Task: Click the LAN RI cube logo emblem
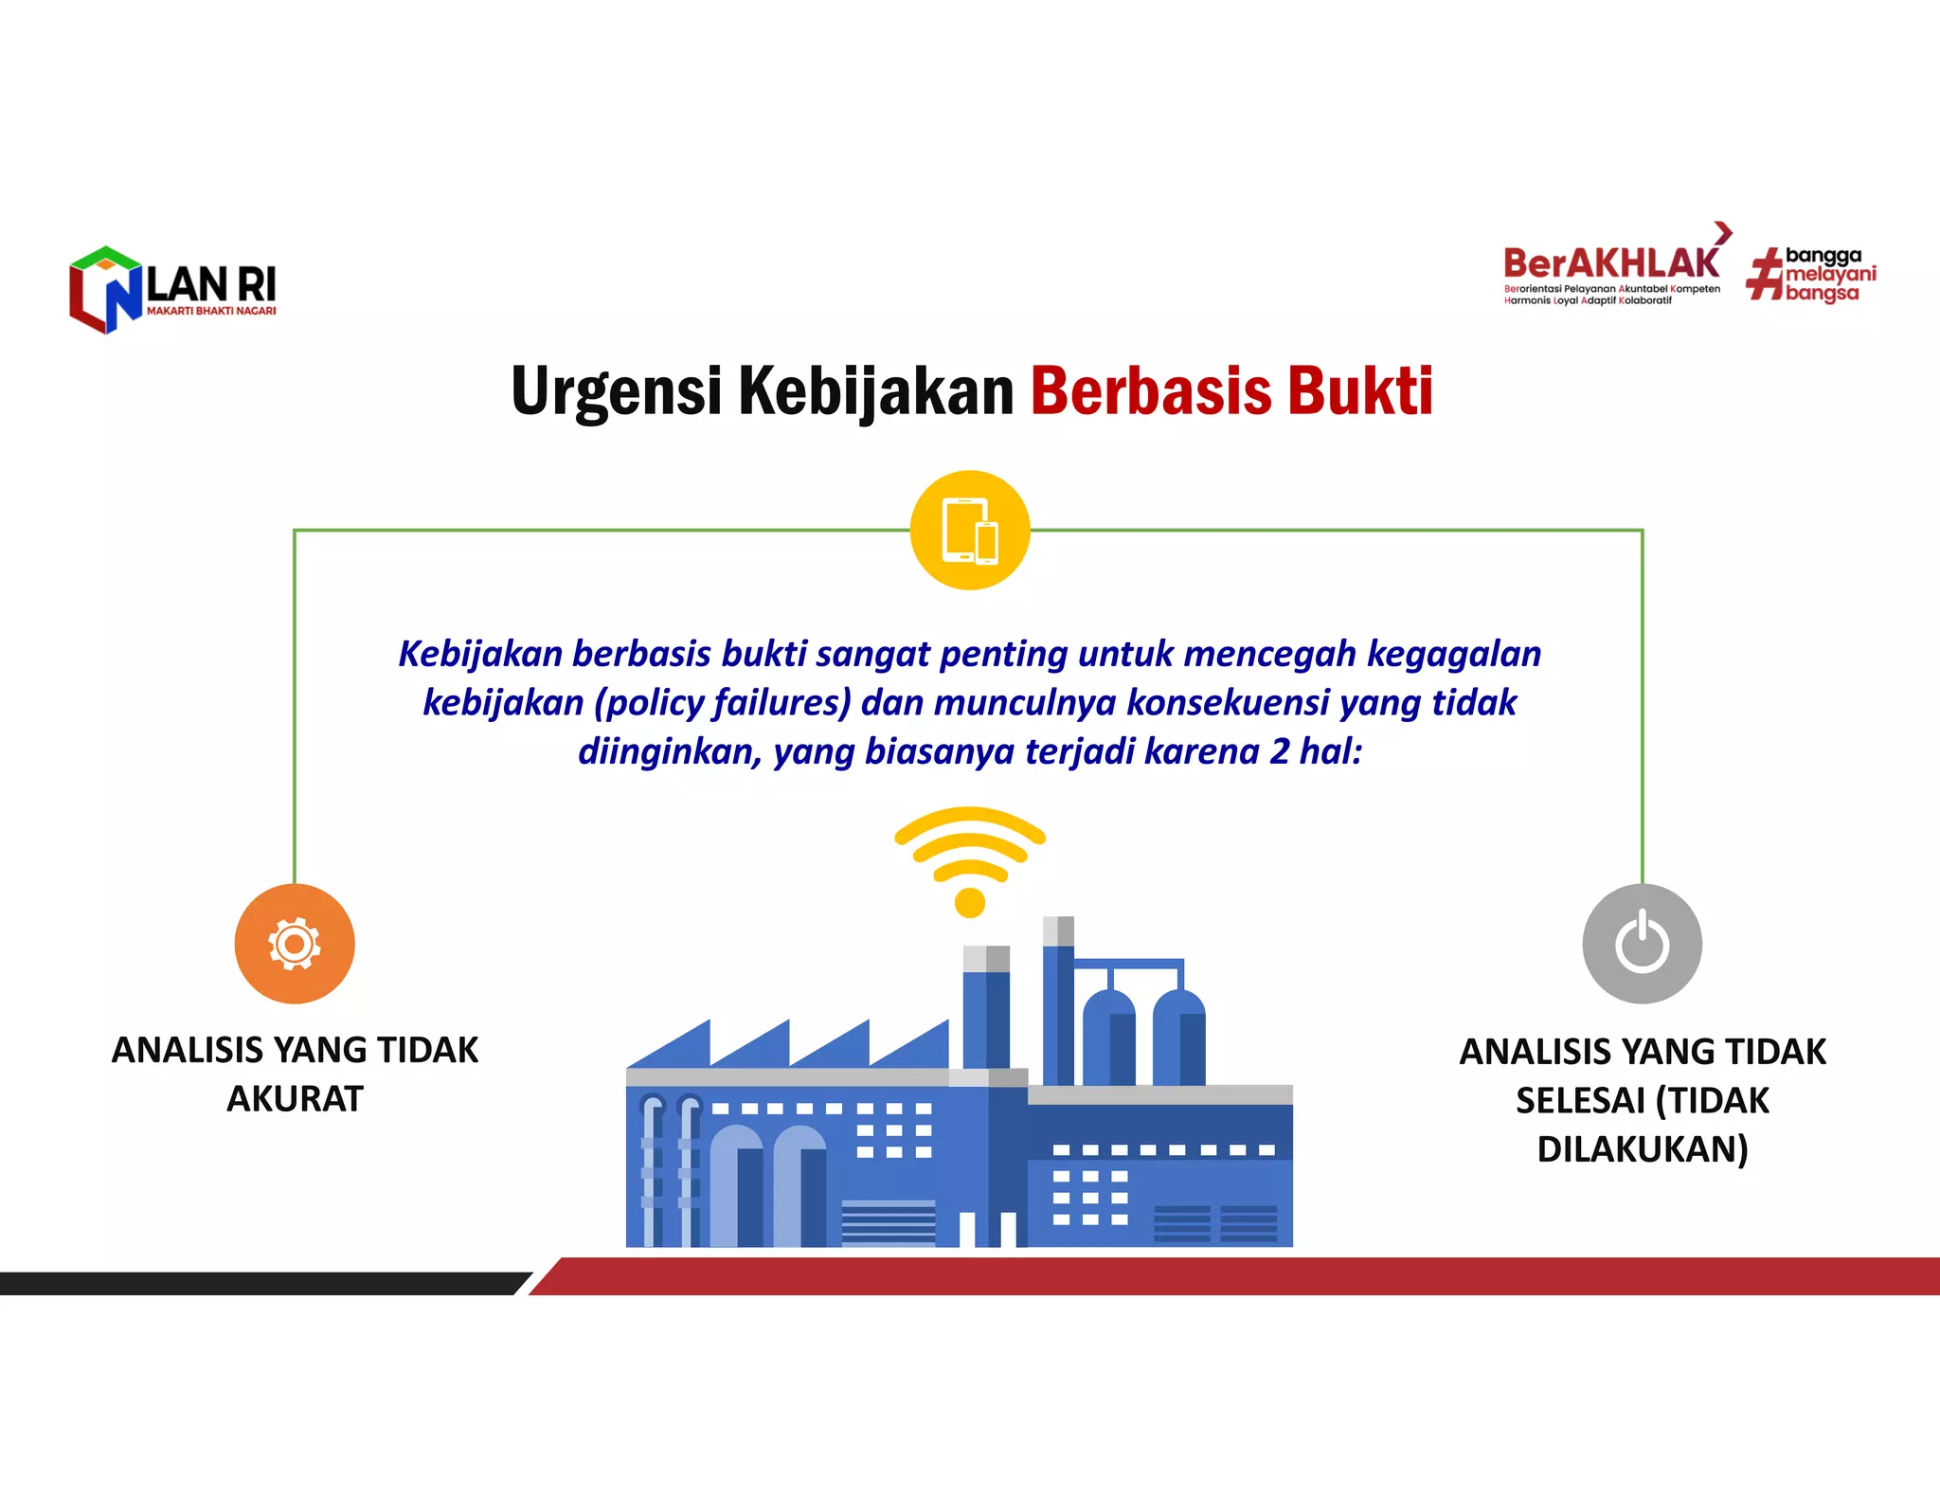coord(105,290)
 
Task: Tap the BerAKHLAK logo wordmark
coord(1610,263)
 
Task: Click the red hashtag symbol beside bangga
coord(1765,275)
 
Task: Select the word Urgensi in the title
coord(617,391)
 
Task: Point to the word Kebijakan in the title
coord(875,391)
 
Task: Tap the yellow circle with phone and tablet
coord(970,531)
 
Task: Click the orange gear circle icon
coord(295,944)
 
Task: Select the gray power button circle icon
coord(1642,944)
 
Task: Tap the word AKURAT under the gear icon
coord(295,1099)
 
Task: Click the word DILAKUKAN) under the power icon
coord(1642,1149)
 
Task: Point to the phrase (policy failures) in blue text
coord(723,703)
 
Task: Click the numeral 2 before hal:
coord(1280,751)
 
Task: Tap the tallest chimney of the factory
coord(1058,1000)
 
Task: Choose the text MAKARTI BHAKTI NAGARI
coord(211,311)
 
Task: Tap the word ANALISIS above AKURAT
coord(187,1051)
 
